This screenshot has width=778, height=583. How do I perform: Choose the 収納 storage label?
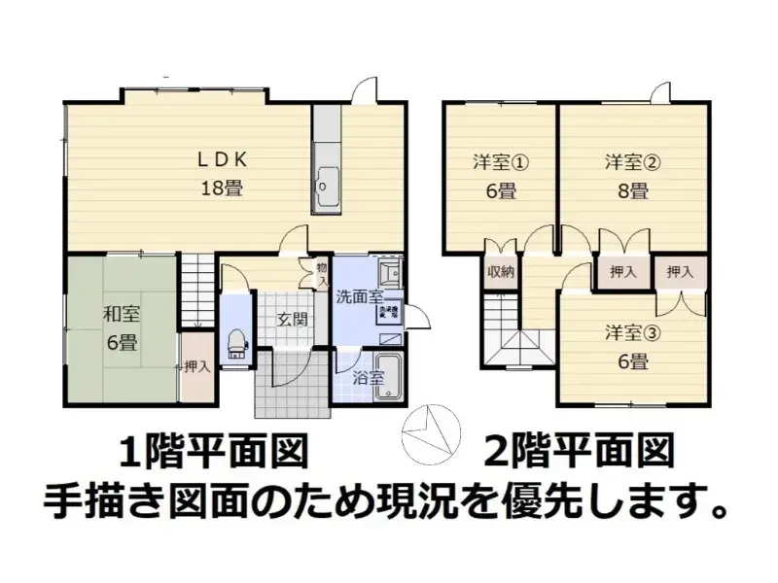(501, 272)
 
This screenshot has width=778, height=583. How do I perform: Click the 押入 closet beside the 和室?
(196, 366)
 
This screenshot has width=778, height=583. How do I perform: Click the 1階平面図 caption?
(214, 451)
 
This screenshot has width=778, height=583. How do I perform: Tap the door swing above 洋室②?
(660, 93)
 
